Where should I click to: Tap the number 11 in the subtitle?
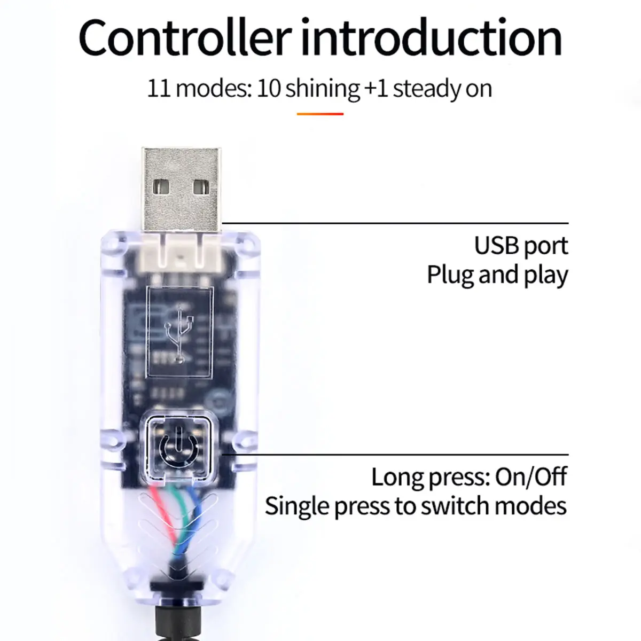[x=159, y=88]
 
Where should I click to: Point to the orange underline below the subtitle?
[x=320, y=113]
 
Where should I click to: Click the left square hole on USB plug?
[x=161, y=187]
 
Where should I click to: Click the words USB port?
[x=521, y=246]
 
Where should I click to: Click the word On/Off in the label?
[x=531, y=476]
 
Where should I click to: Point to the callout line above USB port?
[x=395, y=223]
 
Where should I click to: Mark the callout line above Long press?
[x=395, y=455]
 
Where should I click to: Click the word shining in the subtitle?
[x=323, y=89]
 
